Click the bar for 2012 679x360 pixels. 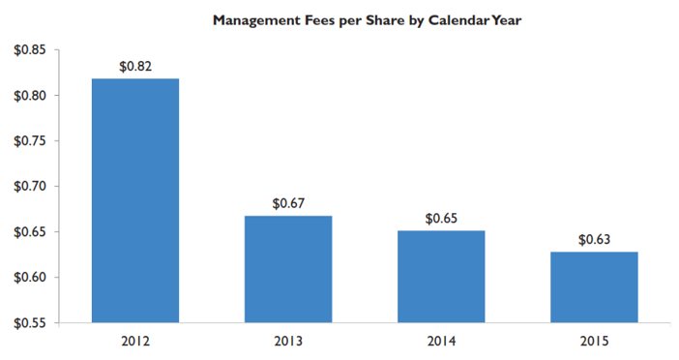[135, 200]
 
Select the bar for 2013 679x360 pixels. [288, 269]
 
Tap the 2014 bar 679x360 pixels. [441, 277]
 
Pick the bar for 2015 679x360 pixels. [594, 287]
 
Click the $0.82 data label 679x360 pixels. [135, 66]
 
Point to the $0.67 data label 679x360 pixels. [288, 203]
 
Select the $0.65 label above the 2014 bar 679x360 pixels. [441, 219]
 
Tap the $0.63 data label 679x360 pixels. [594, 239]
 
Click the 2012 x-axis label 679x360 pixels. [135, 342]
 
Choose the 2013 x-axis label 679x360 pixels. [288, 342]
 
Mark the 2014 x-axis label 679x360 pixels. [441, 342]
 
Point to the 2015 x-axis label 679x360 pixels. [594, 342]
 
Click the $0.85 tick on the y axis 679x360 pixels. [30, 50]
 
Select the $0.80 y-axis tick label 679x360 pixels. [30, 96]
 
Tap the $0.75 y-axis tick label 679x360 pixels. [30, 141]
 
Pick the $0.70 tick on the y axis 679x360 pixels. [30, 187]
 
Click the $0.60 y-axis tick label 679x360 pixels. [30, 278]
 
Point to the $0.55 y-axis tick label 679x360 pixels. [30, 323]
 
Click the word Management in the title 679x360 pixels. [251, 20]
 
